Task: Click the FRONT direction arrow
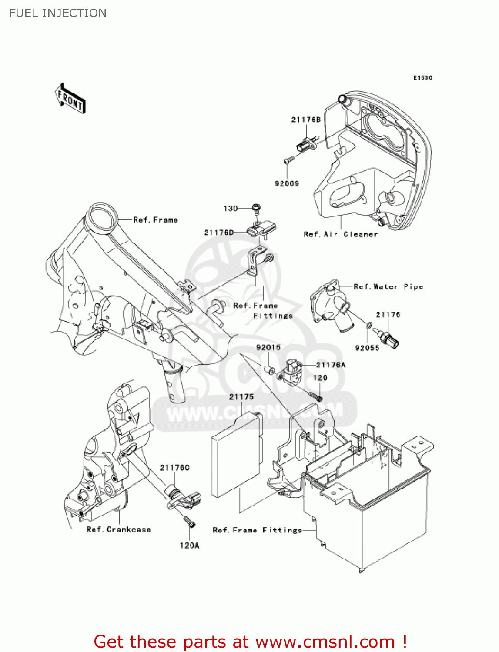tap(70, 99)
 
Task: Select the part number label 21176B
tap(306, 120)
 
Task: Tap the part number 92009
tap(287, 183)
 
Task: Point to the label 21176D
tap(219, 233)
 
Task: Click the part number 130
tap(231, 209)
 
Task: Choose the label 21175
tap(241, 397)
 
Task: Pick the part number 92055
tap(367, 348)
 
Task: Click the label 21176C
tap(174, 468)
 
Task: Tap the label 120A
tap(189, 545)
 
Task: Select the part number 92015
tap(268, 347)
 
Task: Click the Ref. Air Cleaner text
tap(341, 234)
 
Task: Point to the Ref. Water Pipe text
tap(388, 286)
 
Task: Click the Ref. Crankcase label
tap(118, 529)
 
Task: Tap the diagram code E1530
tap(422, 78)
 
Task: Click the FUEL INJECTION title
tap(58, 13)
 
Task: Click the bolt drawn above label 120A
tap(188, 521)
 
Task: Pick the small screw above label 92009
tap(288, 161)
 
